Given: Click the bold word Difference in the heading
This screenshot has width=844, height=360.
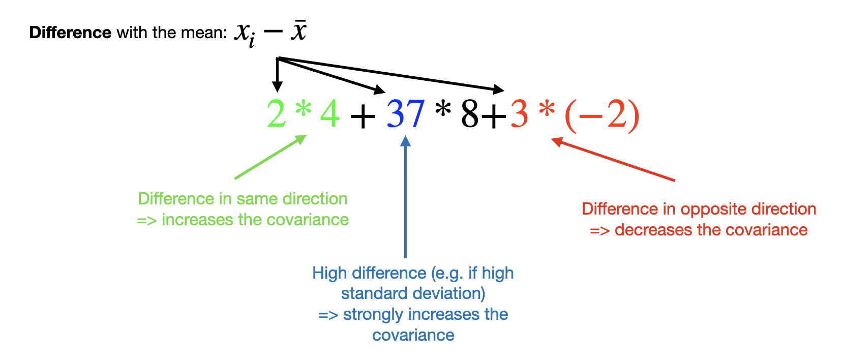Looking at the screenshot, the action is pos(70,33).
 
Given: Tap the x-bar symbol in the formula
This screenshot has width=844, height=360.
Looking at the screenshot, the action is pos(298,29).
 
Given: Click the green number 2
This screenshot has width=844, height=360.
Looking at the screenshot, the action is pos(276,113).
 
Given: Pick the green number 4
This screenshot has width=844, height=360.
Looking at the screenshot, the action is pos(330,113).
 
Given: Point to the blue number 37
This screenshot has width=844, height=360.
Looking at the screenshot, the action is pos(406,113).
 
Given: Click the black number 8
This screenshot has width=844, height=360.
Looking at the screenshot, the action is pos(470,113).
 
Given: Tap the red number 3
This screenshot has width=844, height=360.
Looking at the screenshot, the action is pos(519,113).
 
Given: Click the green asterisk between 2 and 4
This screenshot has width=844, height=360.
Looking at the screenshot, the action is pos(304,109).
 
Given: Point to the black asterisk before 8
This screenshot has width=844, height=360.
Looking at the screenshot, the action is pos(443,109).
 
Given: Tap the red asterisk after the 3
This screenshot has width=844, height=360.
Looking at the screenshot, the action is pos(547,109).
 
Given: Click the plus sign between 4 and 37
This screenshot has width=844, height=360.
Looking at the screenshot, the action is pos(363,116).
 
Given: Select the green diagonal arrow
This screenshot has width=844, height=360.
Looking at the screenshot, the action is pos(270,157).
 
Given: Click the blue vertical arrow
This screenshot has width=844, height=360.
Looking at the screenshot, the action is pos(405,197).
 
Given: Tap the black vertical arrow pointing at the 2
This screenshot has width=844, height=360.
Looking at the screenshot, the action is pos(277,75).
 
